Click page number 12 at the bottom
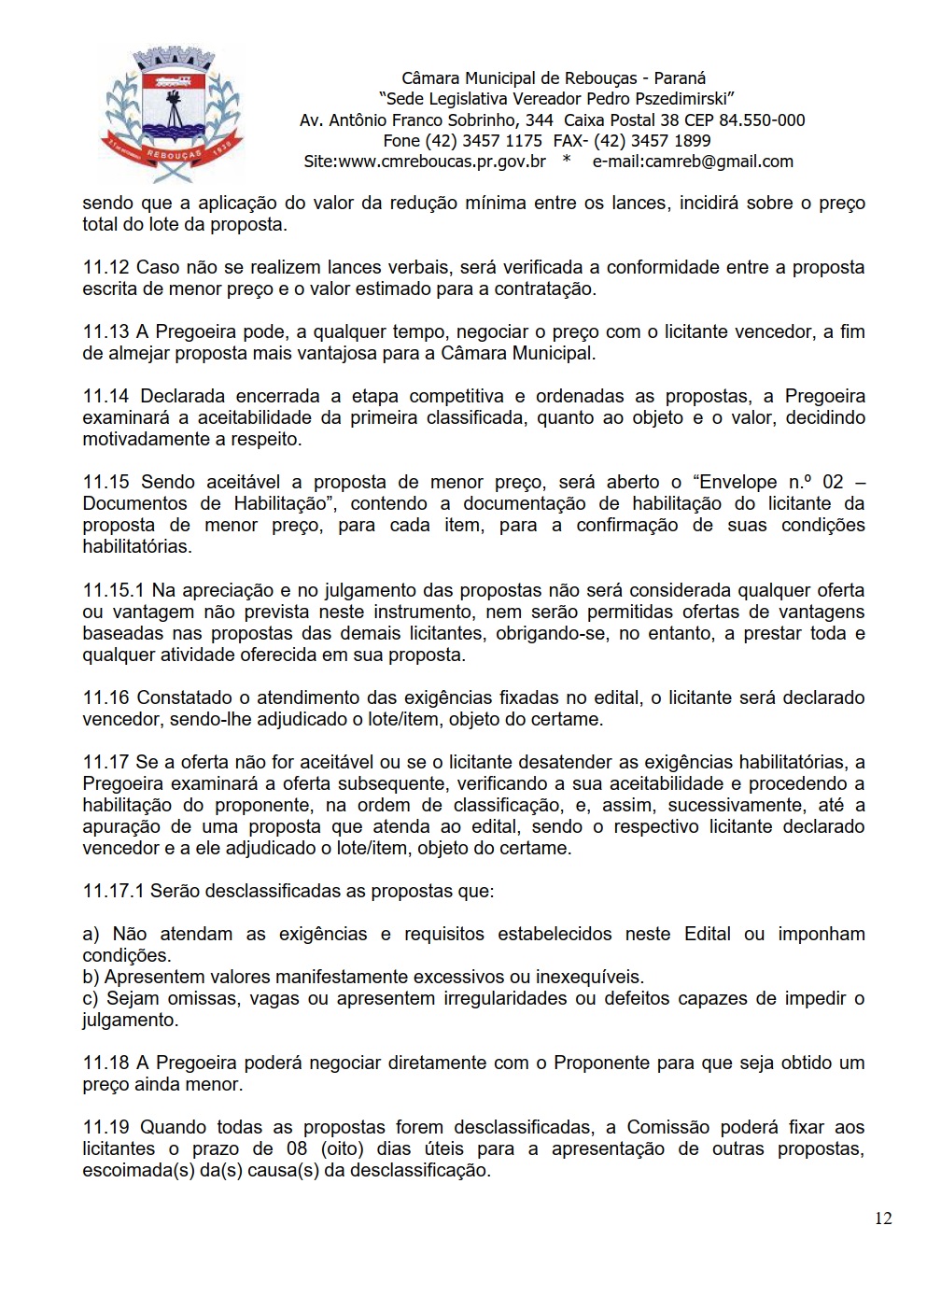tap(883, 1218)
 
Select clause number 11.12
tap(105, 268)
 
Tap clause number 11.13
tap(105, 332)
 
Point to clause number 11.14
tap(105, 397)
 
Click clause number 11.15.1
tap(113, 590)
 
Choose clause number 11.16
tap(105, 697)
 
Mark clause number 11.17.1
tap(113, 891)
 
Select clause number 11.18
tap(105, 1063)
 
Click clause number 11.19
tap(105, 1127)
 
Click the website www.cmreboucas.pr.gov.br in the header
tap(442, 162)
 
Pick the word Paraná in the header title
tap(680, 78)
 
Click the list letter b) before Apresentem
tap(91, 978)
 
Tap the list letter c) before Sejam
tap(91, 999)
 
